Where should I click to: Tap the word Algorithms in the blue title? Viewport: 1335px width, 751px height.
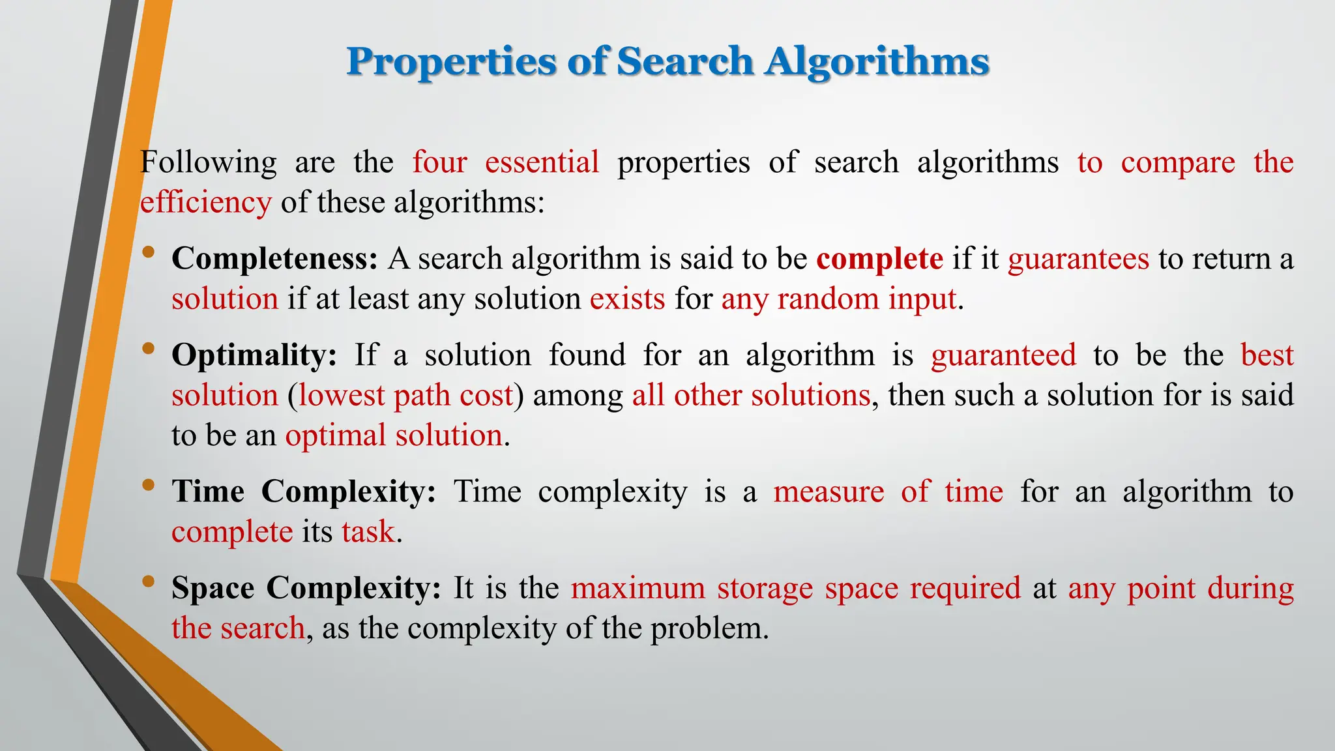point(877,63)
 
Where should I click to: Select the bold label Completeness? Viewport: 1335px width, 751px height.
point(274,259)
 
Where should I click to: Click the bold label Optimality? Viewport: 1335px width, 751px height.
point(254,355)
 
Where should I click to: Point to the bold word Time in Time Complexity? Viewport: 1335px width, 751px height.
point(208,492)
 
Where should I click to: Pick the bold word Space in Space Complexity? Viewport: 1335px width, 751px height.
point(213,588)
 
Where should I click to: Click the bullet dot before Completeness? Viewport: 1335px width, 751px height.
point(149,252)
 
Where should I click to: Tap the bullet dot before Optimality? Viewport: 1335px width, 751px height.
point(149,348)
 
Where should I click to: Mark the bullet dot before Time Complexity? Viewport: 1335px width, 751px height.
point(149,484)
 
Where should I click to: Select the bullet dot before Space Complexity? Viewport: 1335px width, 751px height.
point(149,581)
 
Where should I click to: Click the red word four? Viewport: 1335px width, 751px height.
point(439,162)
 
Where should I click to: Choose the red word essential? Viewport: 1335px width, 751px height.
point(542,162)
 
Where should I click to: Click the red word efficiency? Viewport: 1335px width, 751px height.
point(205,203)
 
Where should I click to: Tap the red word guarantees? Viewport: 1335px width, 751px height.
point(1078,259)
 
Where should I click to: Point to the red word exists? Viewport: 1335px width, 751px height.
point(627,299)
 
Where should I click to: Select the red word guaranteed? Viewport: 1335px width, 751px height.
point(1003,356)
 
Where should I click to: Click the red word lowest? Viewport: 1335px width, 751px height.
point(342,396)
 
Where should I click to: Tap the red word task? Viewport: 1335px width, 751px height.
point(368,532)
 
